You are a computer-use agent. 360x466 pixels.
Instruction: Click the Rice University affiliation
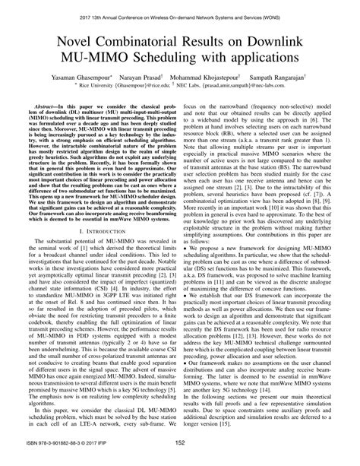point(95,87)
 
